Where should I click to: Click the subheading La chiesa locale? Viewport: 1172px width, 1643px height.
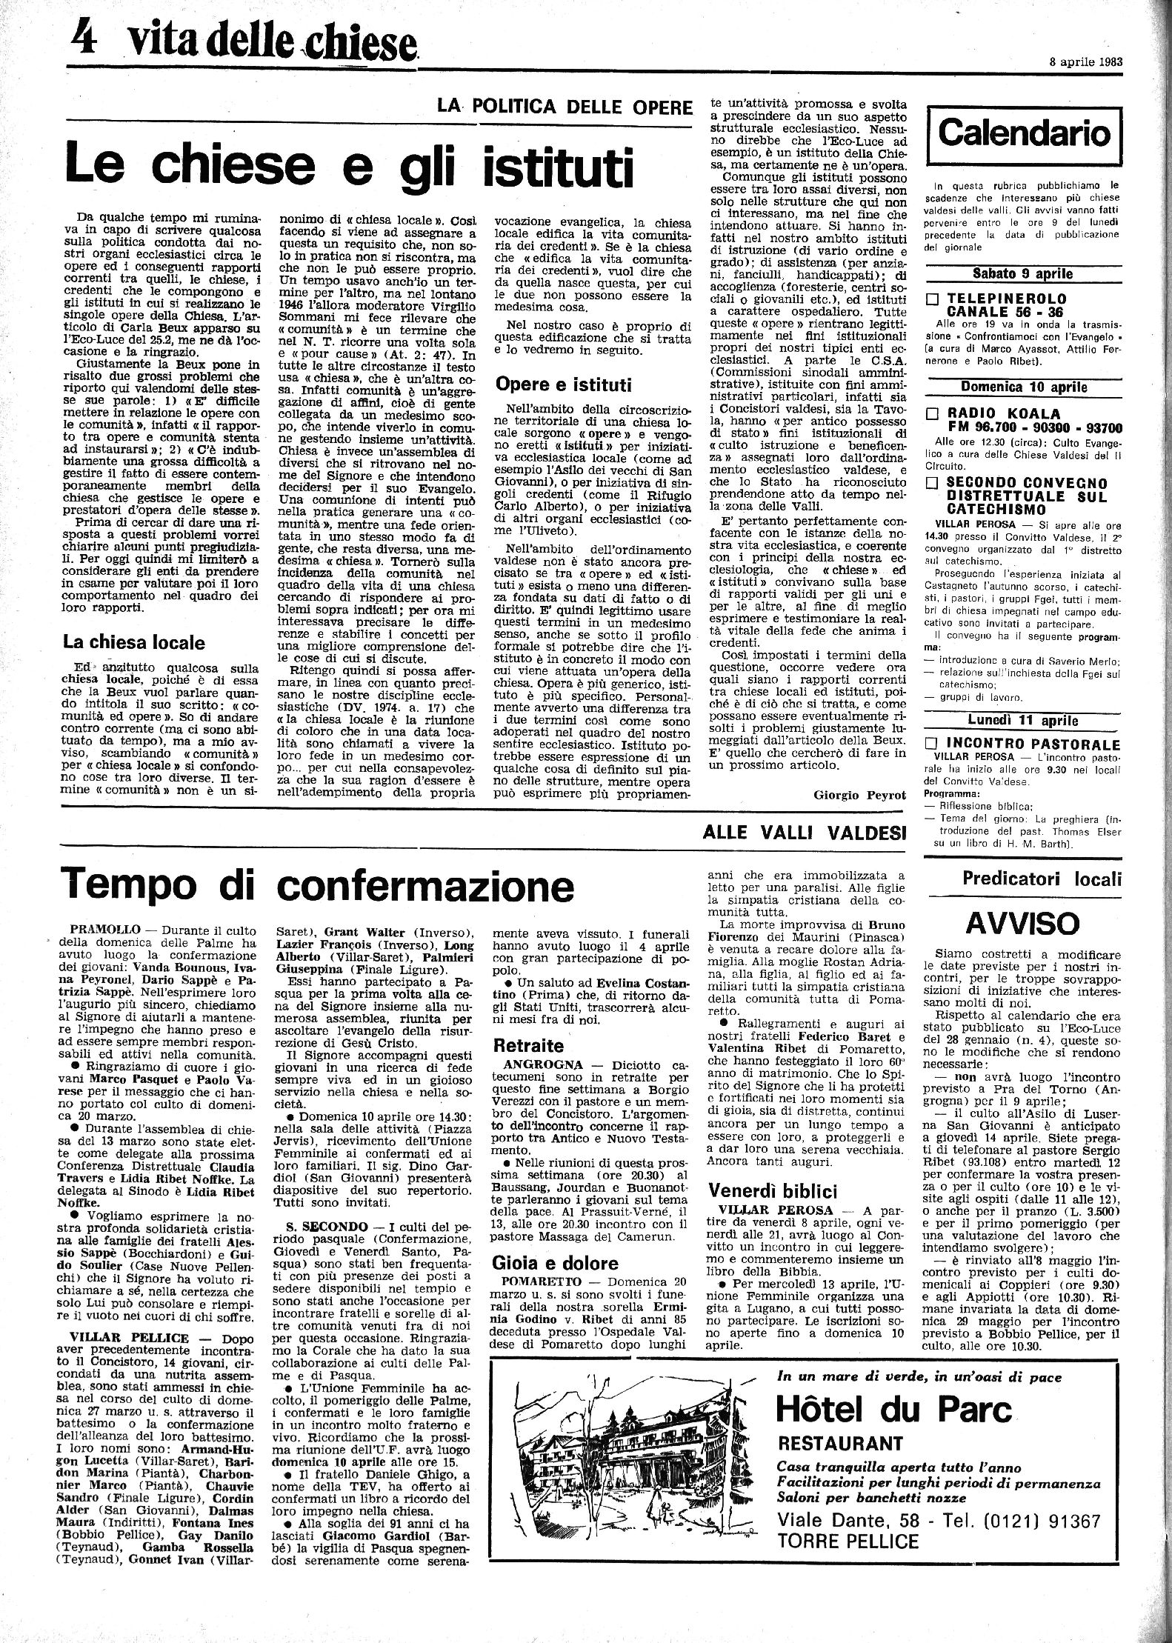click(x=133, y=642)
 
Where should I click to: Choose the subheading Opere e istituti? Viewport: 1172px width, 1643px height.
click(x=562, y=384)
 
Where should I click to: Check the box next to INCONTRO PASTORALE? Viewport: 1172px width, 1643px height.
click(x=933, y=744)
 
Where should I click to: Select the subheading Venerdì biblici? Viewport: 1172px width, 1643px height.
click(x=773, y=1190)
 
